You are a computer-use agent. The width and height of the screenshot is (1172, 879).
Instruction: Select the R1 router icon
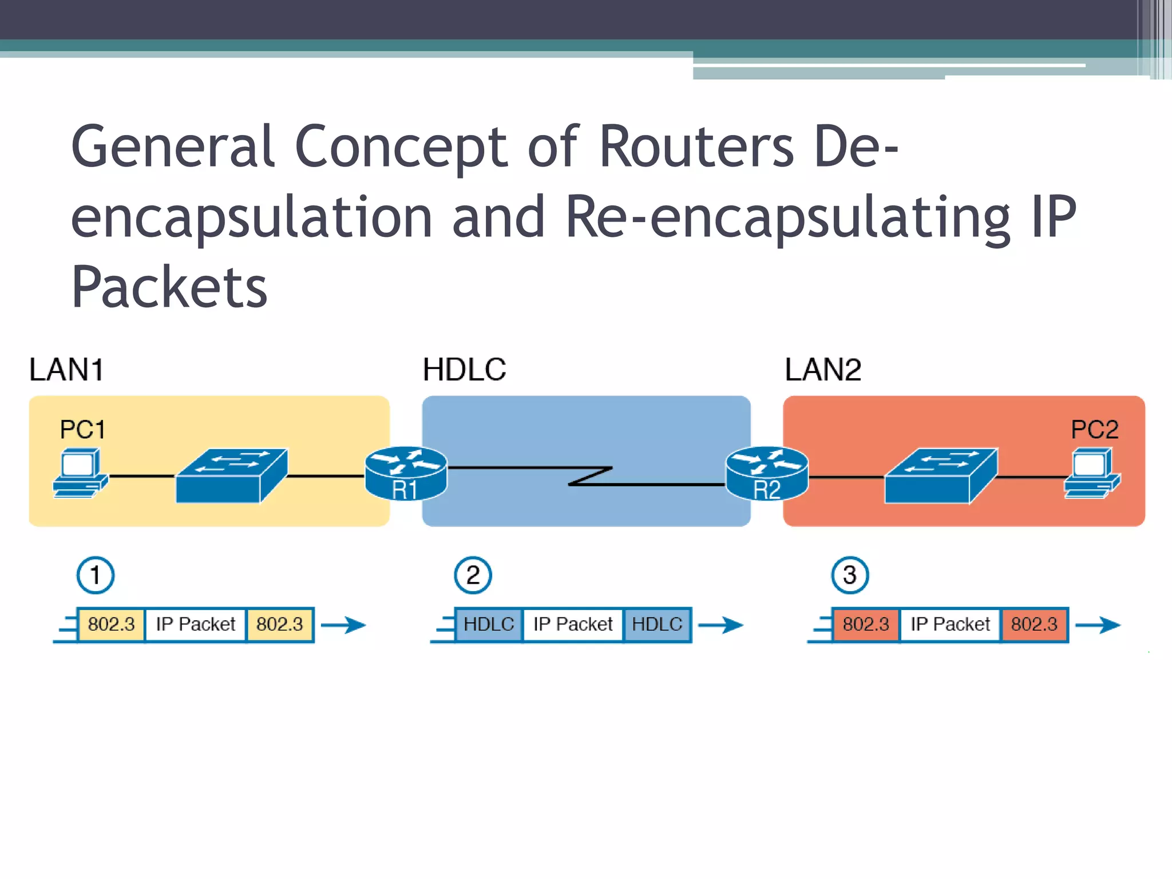click(406, 473)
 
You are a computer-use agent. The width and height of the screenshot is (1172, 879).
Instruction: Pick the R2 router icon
click(767, 473)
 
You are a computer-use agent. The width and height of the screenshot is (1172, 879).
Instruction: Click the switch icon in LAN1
click(232, 476)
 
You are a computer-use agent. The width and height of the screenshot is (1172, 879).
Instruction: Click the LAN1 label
click(66, 369)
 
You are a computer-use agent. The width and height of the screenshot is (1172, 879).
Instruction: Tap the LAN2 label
click(823, 369)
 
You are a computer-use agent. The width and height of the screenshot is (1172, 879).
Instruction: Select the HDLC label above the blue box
click(464, 369)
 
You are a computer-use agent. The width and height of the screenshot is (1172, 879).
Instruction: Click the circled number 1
click(96, 575)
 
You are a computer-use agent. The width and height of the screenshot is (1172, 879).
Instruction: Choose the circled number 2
click(473, 575)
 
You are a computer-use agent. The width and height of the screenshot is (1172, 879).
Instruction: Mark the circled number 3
click(850, 575)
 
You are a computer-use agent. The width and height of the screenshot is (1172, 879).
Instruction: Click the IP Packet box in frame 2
click(573, 624)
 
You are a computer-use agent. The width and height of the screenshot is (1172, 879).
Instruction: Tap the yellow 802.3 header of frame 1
click(111, 624)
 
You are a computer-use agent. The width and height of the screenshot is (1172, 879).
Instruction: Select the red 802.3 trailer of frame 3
click(1034, 624)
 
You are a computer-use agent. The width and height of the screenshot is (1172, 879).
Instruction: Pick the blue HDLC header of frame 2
click(489, 624)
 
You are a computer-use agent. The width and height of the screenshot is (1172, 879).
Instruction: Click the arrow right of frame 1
click(343, 625)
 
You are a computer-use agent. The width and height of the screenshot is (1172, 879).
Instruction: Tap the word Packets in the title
click(169, 287)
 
